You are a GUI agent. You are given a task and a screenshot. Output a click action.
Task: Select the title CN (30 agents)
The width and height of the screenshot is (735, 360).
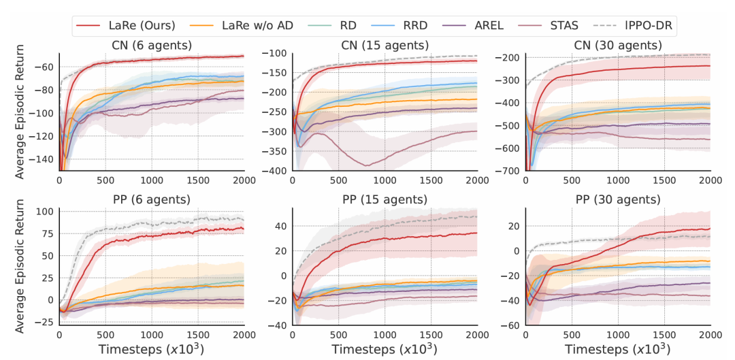[x=617, y=46]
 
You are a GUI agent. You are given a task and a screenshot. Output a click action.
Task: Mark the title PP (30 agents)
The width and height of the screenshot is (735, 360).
[x=617, y=199]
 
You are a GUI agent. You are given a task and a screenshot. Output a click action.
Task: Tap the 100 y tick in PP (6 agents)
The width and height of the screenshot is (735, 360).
[x=45, y=212]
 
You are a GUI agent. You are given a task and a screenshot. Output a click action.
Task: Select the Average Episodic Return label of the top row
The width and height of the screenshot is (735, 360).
[x=20, y=112]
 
